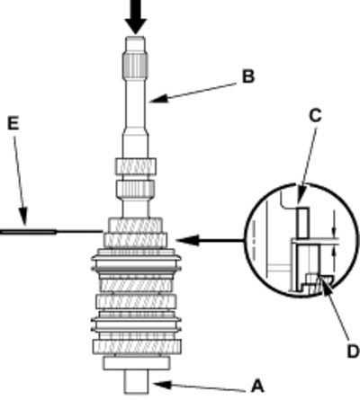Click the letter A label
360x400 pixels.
pos(257,386)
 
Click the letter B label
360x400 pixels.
pos(248,76)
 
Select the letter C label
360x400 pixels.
pos(315,115)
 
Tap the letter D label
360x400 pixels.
pos(353,351)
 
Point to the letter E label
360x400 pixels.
pos(13,123)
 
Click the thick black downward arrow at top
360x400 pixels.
pos(136,17)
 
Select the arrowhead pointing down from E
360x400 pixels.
pos(23,217)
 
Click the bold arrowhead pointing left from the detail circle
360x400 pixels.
pos(188,240)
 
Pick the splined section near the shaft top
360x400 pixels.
pos(135,65)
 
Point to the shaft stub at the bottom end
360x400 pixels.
pos(137,381)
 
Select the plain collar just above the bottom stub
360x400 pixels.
pos(137,363)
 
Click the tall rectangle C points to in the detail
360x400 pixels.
pos(302,223)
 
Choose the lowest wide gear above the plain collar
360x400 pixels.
pos(137,347)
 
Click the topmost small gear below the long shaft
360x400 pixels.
pos(135,166)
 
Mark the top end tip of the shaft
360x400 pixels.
pos(136,37)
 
